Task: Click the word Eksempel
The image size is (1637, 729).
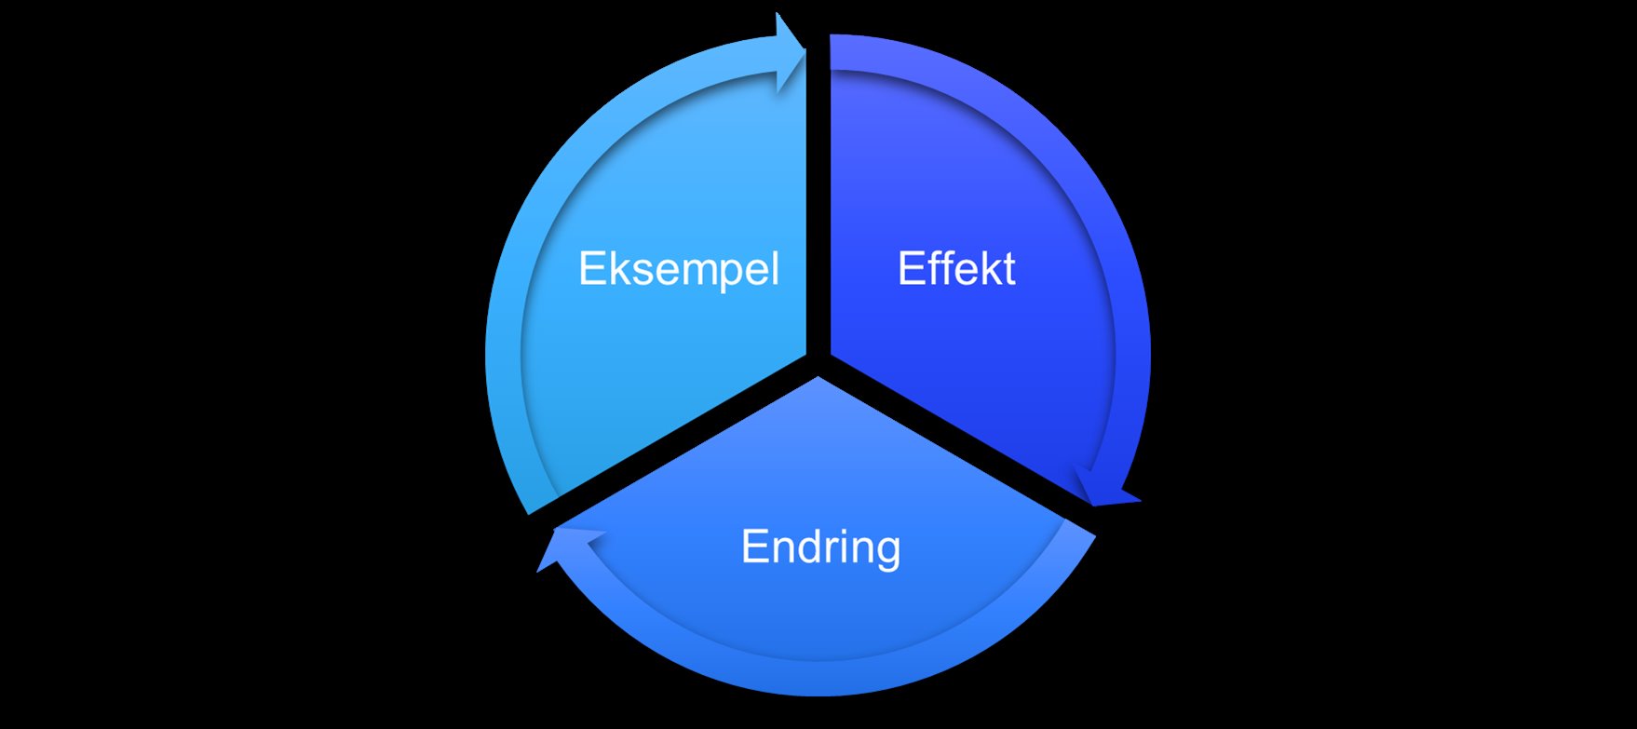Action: (x=678, y=269)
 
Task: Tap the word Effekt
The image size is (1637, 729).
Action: (x=956, y=269)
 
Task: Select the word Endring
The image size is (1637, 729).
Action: (x=820, y=547)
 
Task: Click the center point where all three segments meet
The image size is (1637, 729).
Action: (x=818, y=361)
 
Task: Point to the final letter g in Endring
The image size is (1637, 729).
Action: (x=888, y=550)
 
